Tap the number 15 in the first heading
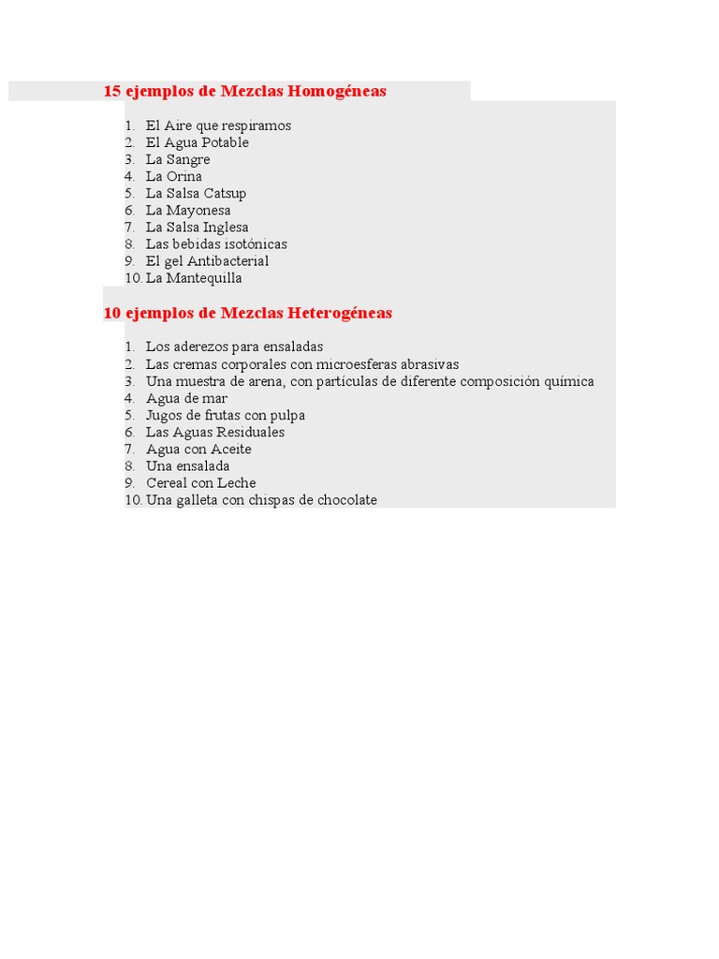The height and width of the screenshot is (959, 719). pyautogui.click(x=112, y=92)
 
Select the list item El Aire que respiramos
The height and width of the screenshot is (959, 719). pyautogui.click(x=218, y=125)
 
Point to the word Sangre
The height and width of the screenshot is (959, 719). pyautogui.click(x=188, y=159)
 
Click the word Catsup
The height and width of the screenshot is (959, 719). pyautogui.click(x=225, y=193)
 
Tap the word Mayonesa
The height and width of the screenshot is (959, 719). pyautogui.click(x=198, y=210)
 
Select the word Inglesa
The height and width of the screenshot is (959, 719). pyautogui.click(x=226, y=227)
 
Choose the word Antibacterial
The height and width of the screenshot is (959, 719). pyautogui.click(x=227, y=260)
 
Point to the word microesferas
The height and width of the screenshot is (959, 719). pyautogui.click(x=357, y=363)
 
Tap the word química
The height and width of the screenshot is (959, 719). pyautogui.click(x=566, y=381)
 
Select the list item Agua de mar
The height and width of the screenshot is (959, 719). pyautogui.click(x=186, y=398)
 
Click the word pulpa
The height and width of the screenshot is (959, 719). pyautogui.click(x=287, y=415)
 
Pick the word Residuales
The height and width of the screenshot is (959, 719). pyautogui.click(x=250, y=432)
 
